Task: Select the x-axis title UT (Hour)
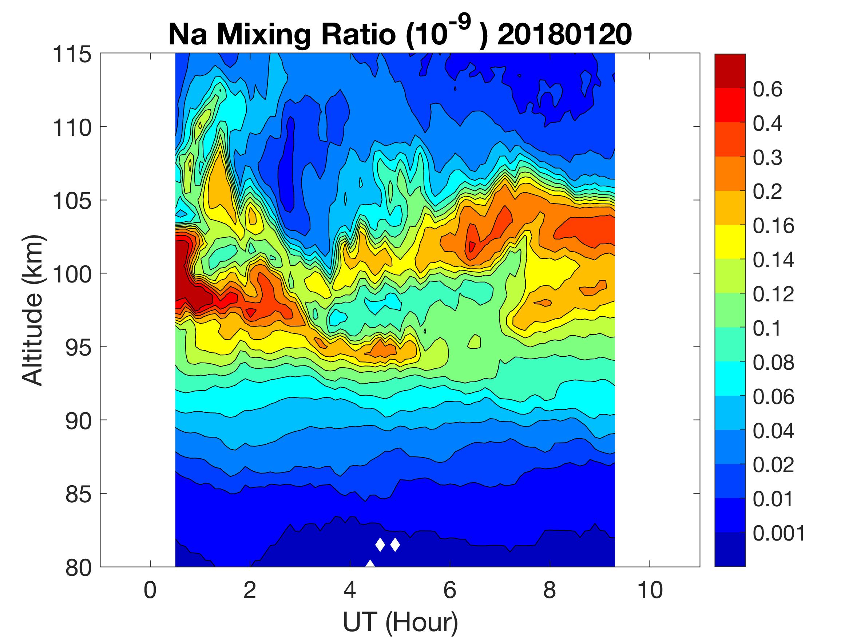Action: [x=400, y=622]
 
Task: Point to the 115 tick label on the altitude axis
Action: [x=72, y=54]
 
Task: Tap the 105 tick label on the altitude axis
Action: [x=72, y=201]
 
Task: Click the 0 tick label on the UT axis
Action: [x=150, y=590]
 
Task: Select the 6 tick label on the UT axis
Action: [x=450, y=590]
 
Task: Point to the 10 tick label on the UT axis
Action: [x=650, y=590]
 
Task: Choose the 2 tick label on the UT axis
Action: [x=250, y=590]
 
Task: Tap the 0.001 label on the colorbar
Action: [x=779, y=533]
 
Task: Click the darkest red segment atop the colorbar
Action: [x=730, y=71]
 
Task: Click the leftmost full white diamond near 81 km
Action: [x=380, y=545]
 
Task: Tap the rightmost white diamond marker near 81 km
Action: [x=395, y=545]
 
